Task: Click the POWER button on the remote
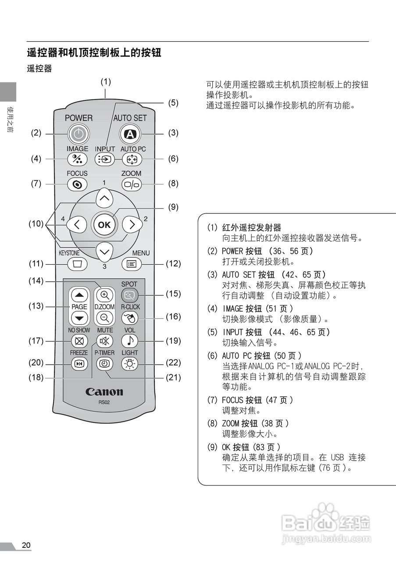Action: pos(78,134)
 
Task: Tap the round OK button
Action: pos(104,225)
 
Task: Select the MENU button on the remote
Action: pos(131,264)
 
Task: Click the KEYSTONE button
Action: pos(78,264)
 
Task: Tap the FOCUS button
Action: pos(77,185)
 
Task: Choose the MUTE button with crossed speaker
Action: pos(105,341)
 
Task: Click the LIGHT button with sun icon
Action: pos(130,363)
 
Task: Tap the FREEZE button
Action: pos(79,363)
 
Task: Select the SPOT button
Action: pos(130,295)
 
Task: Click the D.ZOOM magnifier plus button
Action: pos(104,295)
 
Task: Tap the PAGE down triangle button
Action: pos(79,318)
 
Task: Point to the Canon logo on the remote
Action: pos(104,391)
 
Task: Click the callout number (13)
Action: pos(36,306)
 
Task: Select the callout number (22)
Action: pos(173,363)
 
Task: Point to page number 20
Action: pos(26,545)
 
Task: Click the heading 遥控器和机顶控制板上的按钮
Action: pos(94,53)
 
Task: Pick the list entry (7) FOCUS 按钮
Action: pos(257,400)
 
